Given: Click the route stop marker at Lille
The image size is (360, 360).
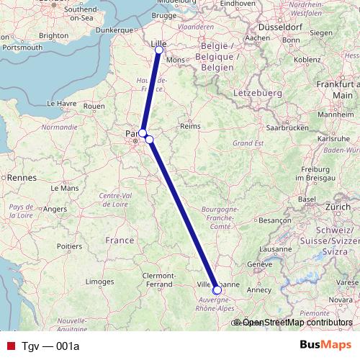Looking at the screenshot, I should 158,50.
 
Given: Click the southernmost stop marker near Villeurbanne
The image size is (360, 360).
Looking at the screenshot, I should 217,290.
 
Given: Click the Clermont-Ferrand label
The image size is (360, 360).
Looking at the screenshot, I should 163,279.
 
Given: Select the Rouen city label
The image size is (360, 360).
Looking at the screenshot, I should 94,106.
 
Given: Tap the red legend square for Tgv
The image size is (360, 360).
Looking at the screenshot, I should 10,346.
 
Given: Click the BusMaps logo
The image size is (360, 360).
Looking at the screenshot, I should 325,346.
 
